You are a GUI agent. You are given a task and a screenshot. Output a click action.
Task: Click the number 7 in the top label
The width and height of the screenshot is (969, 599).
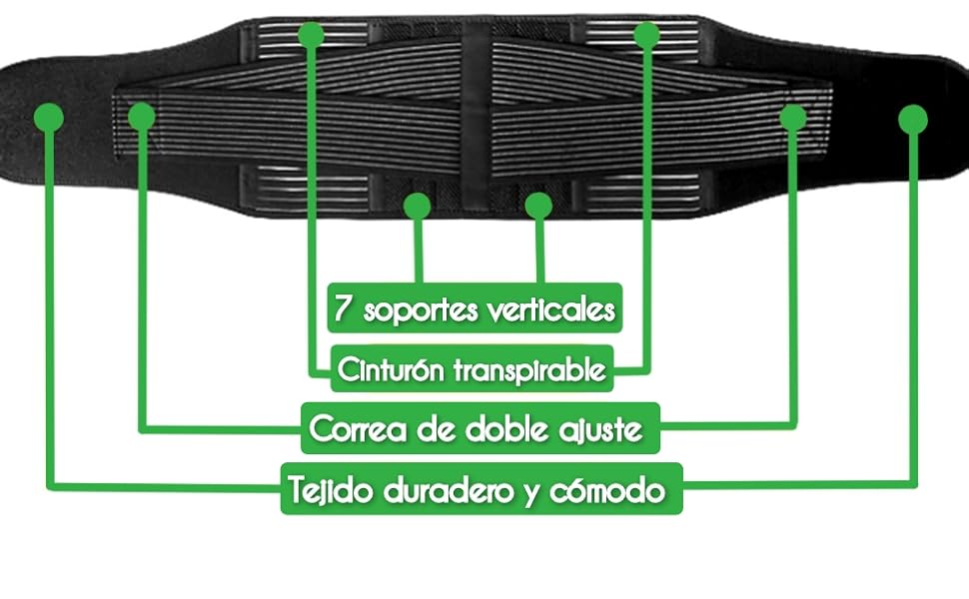click(x=343, y=308)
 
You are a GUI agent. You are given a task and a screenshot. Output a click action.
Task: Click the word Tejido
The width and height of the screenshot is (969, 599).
click(x=326, y=490)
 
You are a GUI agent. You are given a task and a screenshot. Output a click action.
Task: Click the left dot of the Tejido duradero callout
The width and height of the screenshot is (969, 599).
click(x=48, y=117)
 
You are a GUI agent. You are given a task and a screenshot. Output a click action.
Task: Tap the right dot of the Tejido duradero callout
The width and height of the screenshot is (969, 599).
click(x=912, y=120)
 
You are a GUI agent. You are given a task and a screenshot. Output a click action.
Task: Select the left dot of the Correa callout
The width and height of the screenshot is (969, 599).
click(x=142, y=116)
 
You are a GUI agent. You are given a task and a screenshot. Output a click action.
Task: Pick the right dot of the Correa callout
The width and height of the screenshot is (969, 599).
click(x=793, y=117)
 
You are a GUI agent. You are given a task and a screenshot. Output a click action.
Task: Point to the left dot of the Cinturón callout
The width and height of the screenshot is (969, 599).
click(x=312, y=34)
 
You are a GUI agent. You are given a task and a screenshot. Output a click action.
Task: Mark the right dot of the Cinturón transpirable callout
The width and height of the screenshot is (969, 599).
click(x=647, y=34)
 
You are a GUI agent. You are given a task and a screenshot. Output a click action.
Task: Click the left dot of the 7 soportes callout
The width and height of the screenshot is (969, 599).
click(x=417, y=206)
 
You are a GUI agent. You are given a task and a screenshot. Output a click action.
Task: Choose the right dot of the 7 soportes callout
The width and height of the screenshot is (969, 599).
click(x=538, y=206)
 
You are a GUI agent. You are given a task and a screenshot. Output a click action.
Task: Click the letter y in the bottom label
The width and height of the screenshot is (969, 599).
click(x=532, y=492)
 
